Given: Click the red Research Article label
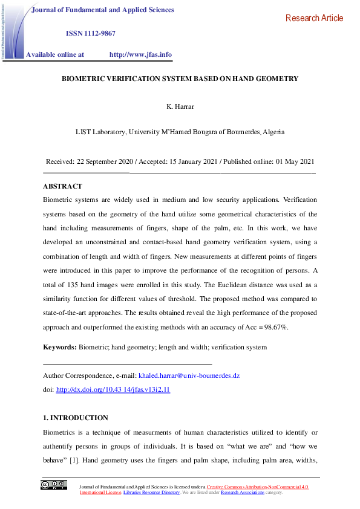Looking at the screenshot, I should (x=314, y=18).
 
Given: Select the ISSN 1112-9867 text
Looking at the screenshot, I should (x=90, y=33).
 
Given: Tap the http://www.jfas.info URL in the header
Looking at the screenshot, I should (x=140, y=54).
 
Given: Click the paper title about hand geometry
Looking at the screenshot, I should (x=180, y=79).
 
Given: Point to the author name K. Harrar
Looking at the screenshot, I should (x=180, y=107).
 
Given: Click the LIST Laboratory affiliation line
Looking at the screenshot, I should (x=180, y=131).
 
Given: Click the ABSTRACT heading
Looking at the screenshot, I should (x=62, y=186).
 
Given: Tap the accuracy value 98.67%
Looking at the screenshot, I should (x=274, y=326).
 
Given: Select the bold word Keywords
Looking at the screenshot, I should (x=59, y=347).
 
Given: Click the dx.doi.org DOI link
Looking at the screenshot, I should (x=113, y=390).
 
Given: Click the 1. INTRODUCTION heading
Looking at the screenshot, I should (x=76, y=418).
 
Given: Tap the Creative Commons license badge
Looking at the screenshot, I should (x=54, y=485).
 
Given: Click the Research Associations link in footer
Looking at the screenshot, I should (x=242, y=493).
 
